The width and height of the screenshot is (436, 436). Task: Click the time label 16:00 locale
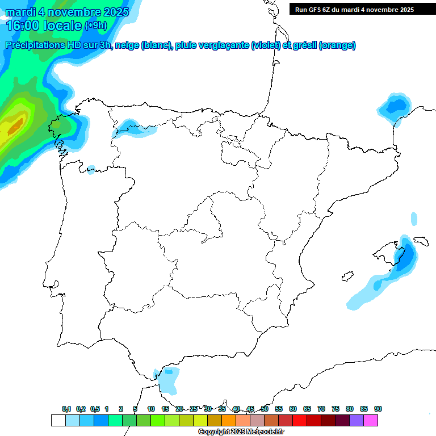(x=43, y=25)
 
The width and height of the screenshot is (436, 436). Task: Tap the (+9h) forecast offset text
(x=95, y=25)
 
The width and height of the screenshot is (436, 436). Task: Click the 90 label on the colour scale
(x=378, y=409)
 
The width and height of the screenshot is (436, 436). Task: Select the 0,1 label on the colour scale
(x=66, y=409)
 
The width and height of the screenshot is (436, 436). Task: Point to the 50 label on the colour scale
(x=265, y=409)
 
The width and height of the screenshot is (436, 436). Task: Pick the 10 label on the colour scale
(x=151, y=409)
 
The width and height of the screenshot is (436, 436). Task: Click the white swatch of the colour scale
(x=58, y=420)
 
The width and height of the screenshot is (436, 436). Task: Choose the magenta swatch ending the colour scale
(x=371, y=420)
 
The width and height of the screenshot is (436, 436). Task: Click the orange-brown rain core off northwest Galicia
(x=15, y=124)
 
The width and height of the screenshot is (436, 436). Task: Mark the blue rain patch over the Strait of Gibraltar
(x=168, y=379)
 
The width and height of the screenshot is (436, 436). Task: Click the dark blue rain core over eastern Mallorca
(x=405, y=253)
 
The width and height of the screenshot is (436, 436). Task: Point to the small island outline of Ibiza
(x=345, y=277)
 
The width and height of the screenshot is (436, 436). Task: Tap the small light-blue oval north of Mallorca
(x=414, y=219)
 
